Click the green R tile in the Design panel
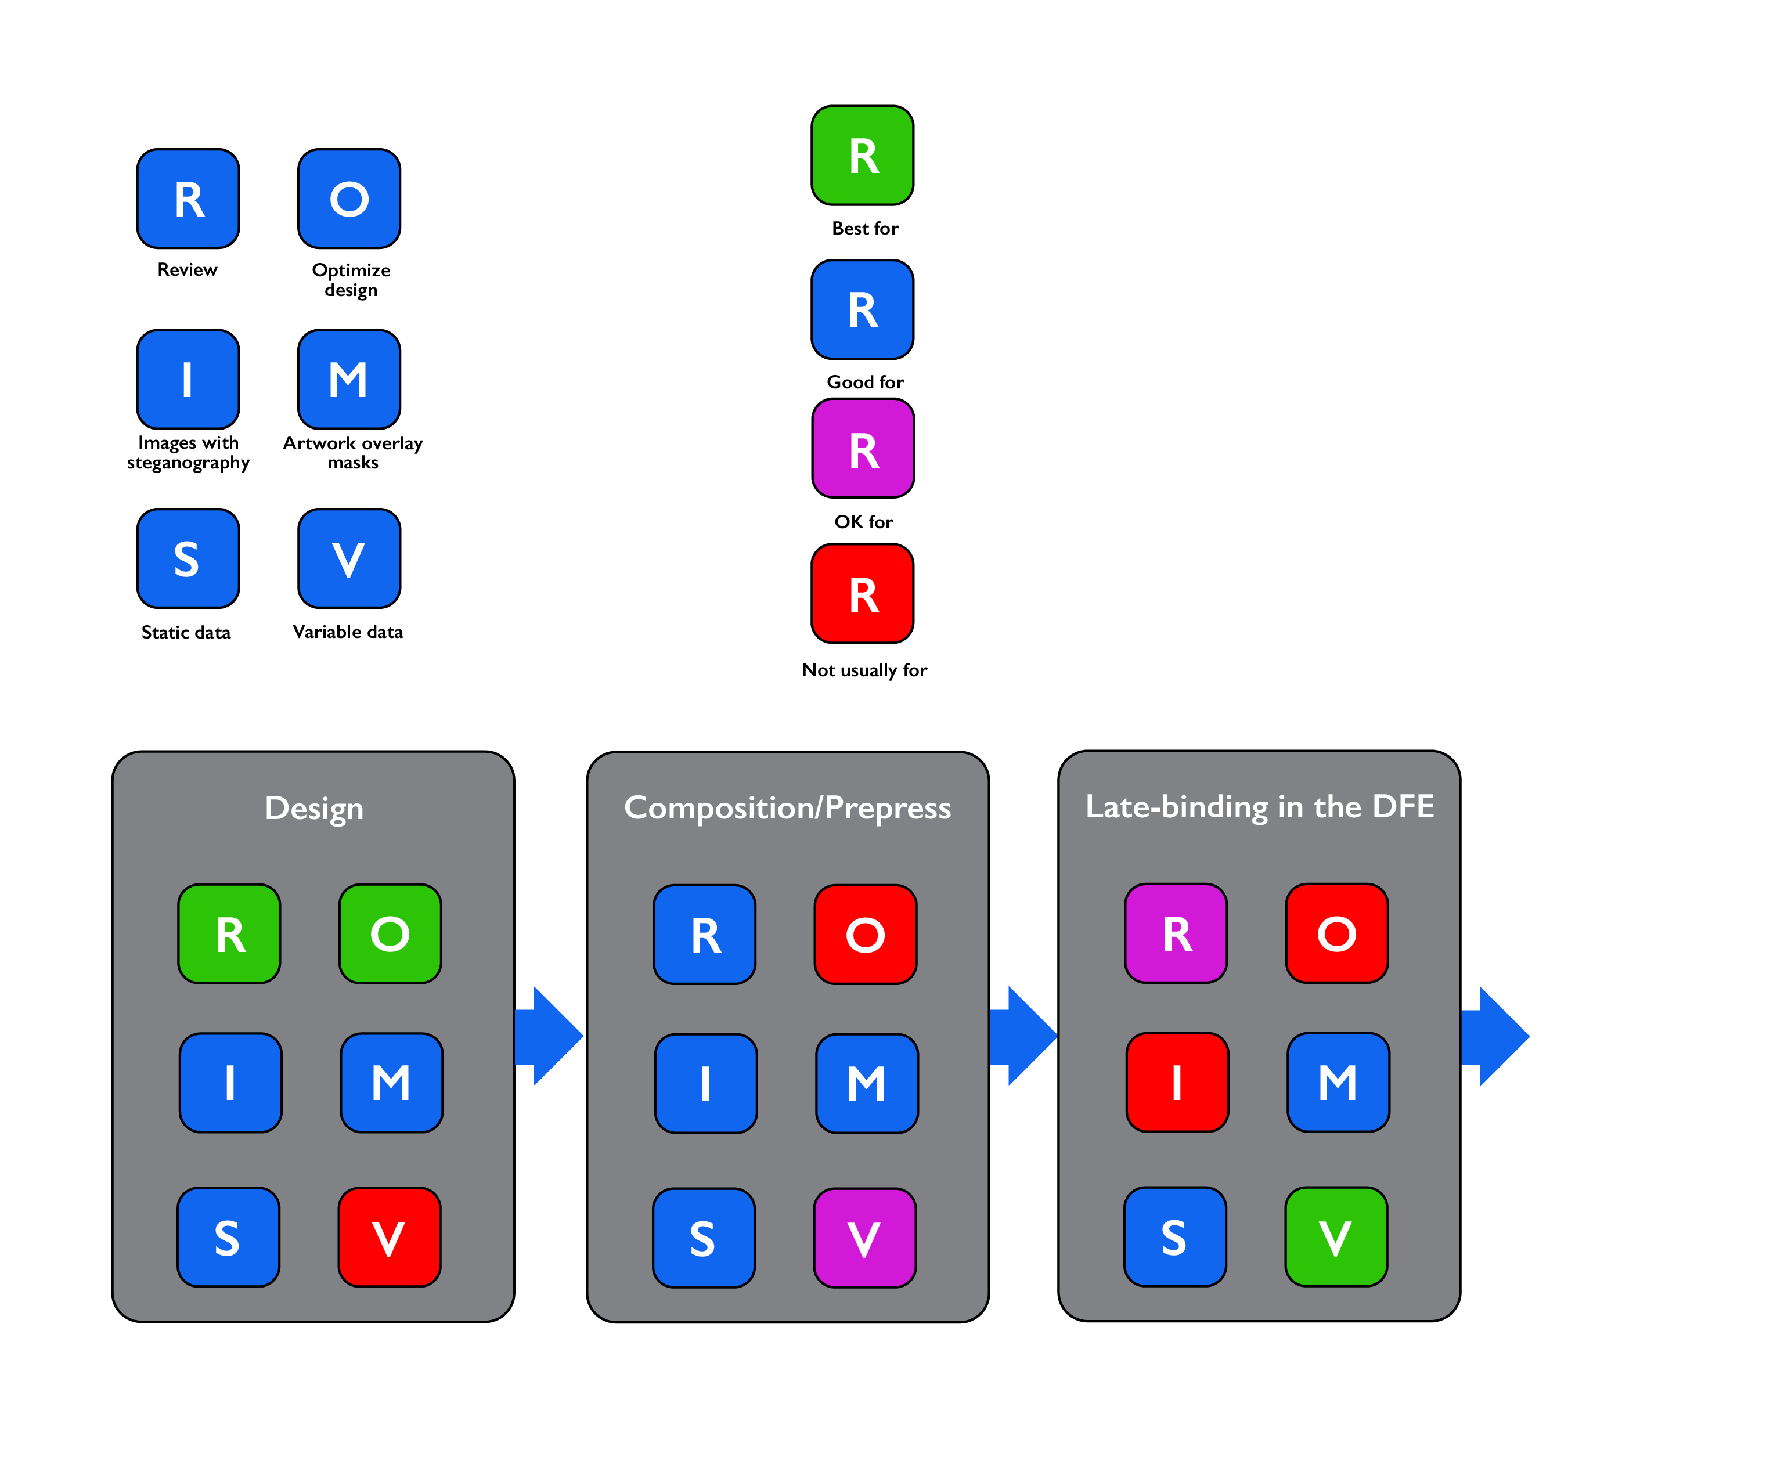[229, 934]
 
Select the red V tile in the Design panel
[390, 1237]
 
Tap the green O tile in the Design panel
[390, 934]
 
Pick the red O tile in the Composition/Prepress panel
[865, 934]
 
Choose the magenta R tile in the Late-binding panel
[1176, 933]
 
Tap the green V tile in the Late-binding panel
[1335, 1237]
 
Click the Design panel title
[314, 808]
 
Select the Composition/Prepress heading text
[787, 808]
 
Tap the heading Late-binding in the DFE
[1259, 806]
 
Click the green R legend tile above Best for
[862, 156]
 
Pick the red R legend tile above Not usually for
[862, 594]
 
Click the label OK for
[863, 522]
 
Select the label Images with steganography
[188, 453]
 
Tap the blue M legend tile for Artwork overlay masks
[349, 379]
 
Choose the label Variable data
[348, 632]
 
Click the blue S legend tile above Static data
[188, 558]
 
